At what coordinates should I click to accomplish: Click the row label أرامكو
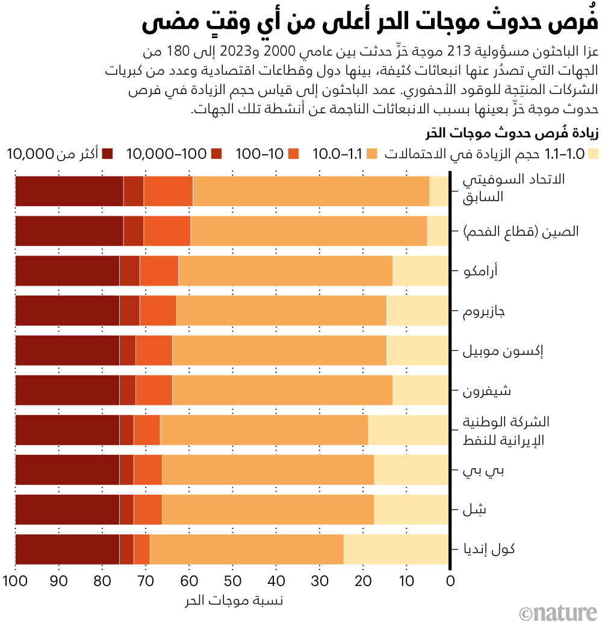click(480, 271)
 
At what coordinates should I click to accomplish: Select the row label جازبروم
click(483, 311)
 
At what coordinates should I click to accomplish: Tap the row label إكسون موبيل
click(494, 351)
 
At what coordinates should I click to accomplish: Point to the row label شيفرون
click(486, 390)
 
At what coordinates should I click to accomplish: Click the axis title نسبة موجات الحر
click(232, 600)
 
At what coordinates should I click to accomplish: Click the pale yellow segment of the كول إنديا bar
click(396, 549)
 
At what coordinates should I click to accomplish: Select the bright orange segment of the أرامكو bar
click(159, 271)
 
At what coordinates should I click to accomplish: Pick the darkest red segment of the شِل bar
click(67, 510)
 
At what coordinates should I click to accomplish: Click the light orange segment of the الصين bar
click(309, 231)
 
